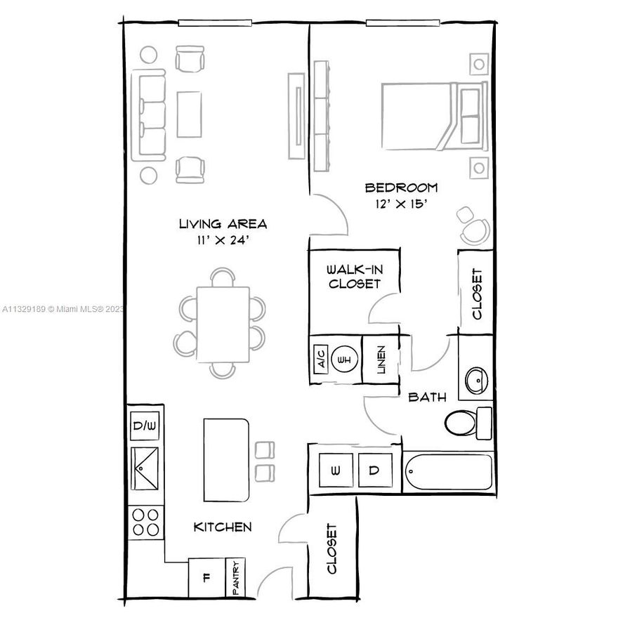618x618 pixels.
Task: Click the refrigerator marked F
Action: [x=206, y=578]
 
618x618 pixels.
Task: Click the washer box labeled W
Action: [x=336, y=469]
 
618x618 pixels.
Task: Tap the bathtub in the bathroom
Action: [x=449, y=471]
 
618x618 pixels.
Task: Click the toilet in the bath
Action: [x=467, y=422]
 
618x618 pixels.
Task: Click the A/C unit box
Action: [x=320, y=360]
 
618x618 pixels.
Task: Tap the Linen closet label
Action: [x=380, y=360]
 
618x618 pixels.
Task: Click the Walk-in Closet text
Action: [x=354, y=277]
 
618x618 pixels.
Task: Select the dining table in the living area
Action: [x=223, y=324]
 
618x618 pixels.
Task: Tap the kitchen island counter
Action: [x=227, y=460]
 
